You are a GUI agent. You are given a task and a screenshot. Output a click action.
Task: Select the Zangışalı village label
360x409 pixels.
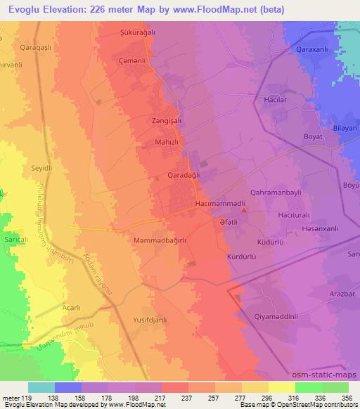tap(167, 120)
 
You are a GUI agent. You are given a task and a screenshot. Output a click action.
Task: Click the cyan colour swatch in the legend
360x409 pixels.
tap(41, 387)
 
